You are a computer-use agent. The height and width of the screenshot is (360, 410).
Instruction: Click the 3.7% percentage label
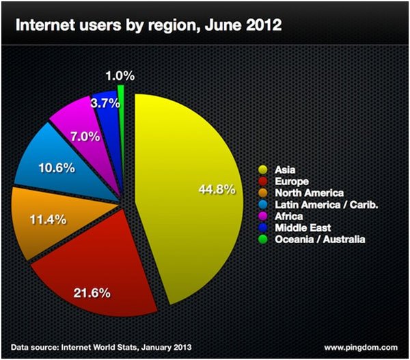pos(105,103)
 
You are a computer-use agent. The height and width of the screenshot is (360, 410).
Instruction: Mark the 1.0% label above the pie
pos(120,73)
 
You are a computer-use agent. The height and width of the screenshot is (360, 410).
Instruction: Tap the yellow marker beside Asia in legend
pos(262,169)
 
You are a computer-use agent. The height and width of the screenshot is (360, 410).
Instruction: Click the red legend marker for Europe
pos(262,181)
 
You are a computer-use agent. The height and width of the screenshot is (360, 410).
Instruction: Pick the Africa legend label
pos(287,216)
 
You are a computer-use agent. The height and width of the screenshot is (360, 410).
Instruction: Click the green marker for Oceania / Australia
pos(262,239)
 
